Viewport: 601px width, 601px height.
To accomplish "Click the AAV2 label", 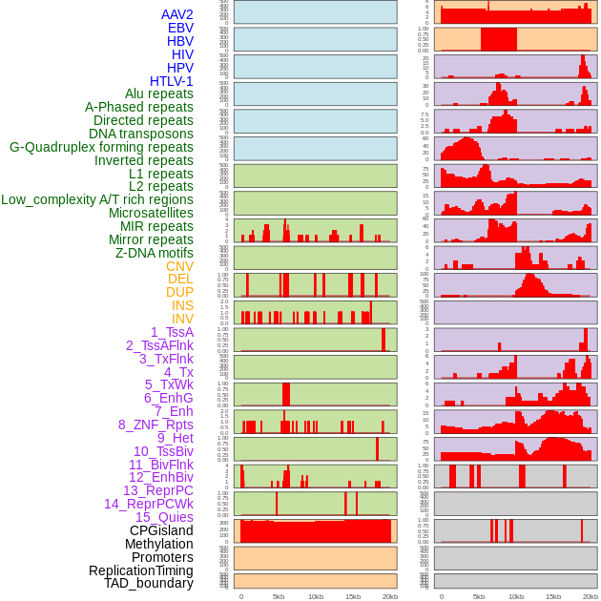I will pos(176,14).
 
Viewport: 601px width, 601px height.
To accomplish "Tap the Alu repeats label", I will pos(158,93).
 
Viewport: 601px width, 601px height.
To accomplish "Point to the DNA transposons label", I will pos(140,134).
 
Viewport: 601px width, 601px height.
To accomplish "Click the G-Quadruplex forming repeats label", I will pos(101,147).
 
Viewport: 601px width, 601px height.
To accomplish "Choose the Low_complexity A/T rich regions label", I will pos(97,199).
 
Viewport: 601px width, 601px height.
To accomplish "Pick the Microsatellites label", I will pos(151,213).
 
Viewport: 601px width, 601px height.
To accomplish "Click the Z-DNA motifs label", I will pos(154,253).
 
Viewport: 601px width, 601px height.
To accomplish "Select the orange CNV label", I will pos(179,266).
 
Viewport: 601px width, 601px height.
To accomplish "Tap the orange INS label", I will pos(182,305).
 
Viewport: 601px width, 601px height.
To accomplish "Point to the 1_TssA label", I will pos(172,332).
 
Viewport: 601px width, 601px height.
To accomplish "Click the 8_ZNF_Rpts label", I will pos(155,425).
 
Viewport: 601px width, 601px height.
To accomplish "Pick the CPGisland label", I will pos(161,530).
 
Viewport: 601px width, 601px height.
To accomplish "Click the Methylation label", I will pos(158,544).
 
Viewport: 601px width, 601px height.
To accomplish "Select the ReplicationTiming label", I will pos(140,570).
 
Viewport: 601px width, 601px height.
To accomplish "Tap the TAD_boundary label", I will pos(148,583).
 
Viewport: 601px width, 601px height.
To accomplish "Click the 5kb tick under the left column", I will pos(279,596).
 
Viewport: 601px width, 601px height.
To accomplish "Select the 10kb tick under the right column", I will pos(515,596).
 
